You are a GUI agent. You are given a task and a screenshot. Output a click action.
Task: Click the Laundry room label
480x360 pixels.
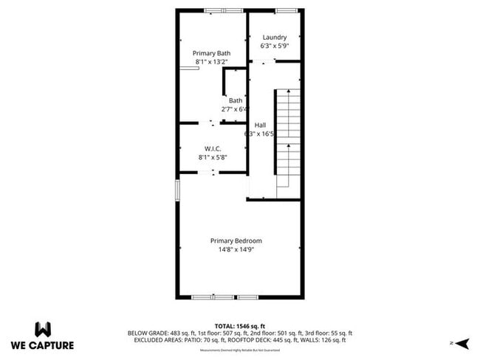click(x=274, y=37)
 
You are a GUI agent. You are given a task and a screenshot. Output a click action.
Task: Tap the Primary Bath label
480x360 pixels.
click(x=212, y=53)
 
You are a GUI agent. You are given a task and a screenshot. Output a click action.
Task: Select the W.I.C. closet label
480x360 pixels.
click(x=213, y=148)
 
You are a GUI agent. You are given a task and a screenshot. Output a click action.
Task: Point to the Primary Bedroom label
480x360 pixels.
click(x=236, y=240)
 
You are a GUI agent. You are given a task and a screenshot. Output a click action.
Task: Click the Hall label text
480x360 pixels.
click(x=260, y=125)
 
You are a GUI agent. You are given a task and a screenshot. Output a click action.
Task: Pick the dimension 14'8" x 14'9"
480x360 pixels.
click(x=236, y=249)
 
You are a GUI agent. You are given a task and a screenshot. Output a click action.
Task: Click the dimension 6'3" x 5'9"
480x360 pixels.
click(x=274, y=46)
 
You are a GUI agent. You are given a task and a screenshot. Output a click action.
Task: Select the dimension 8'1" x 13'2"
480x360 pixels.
click(x=213, y=62)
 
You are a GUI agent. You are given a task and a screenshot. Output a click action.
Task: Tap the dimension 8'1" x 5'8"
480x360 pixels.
click(x=213, y=157)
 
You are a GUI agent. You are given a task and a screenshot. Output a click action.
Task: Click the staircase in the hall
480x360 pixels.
click(x=287, y=140)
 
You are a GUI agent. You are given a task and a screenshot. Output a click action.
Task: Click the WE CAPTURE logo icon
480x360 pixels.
click(x=42, y=328)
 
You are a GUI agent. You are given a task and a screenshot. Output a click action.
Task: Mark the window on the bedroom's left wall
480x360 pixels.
click(x=177, y=189)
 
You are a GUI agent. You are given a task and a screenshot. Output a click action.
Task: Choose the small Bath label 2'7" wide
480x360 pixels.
click(x=236, y=100)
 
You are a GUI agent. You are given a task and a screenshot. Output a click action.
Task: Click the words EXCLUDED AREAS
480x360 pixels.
click(x=159, y=340)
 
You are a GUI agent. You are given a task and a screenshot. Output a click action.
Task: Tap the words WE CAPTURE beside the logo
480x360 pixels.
click(x=42, y=345)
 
